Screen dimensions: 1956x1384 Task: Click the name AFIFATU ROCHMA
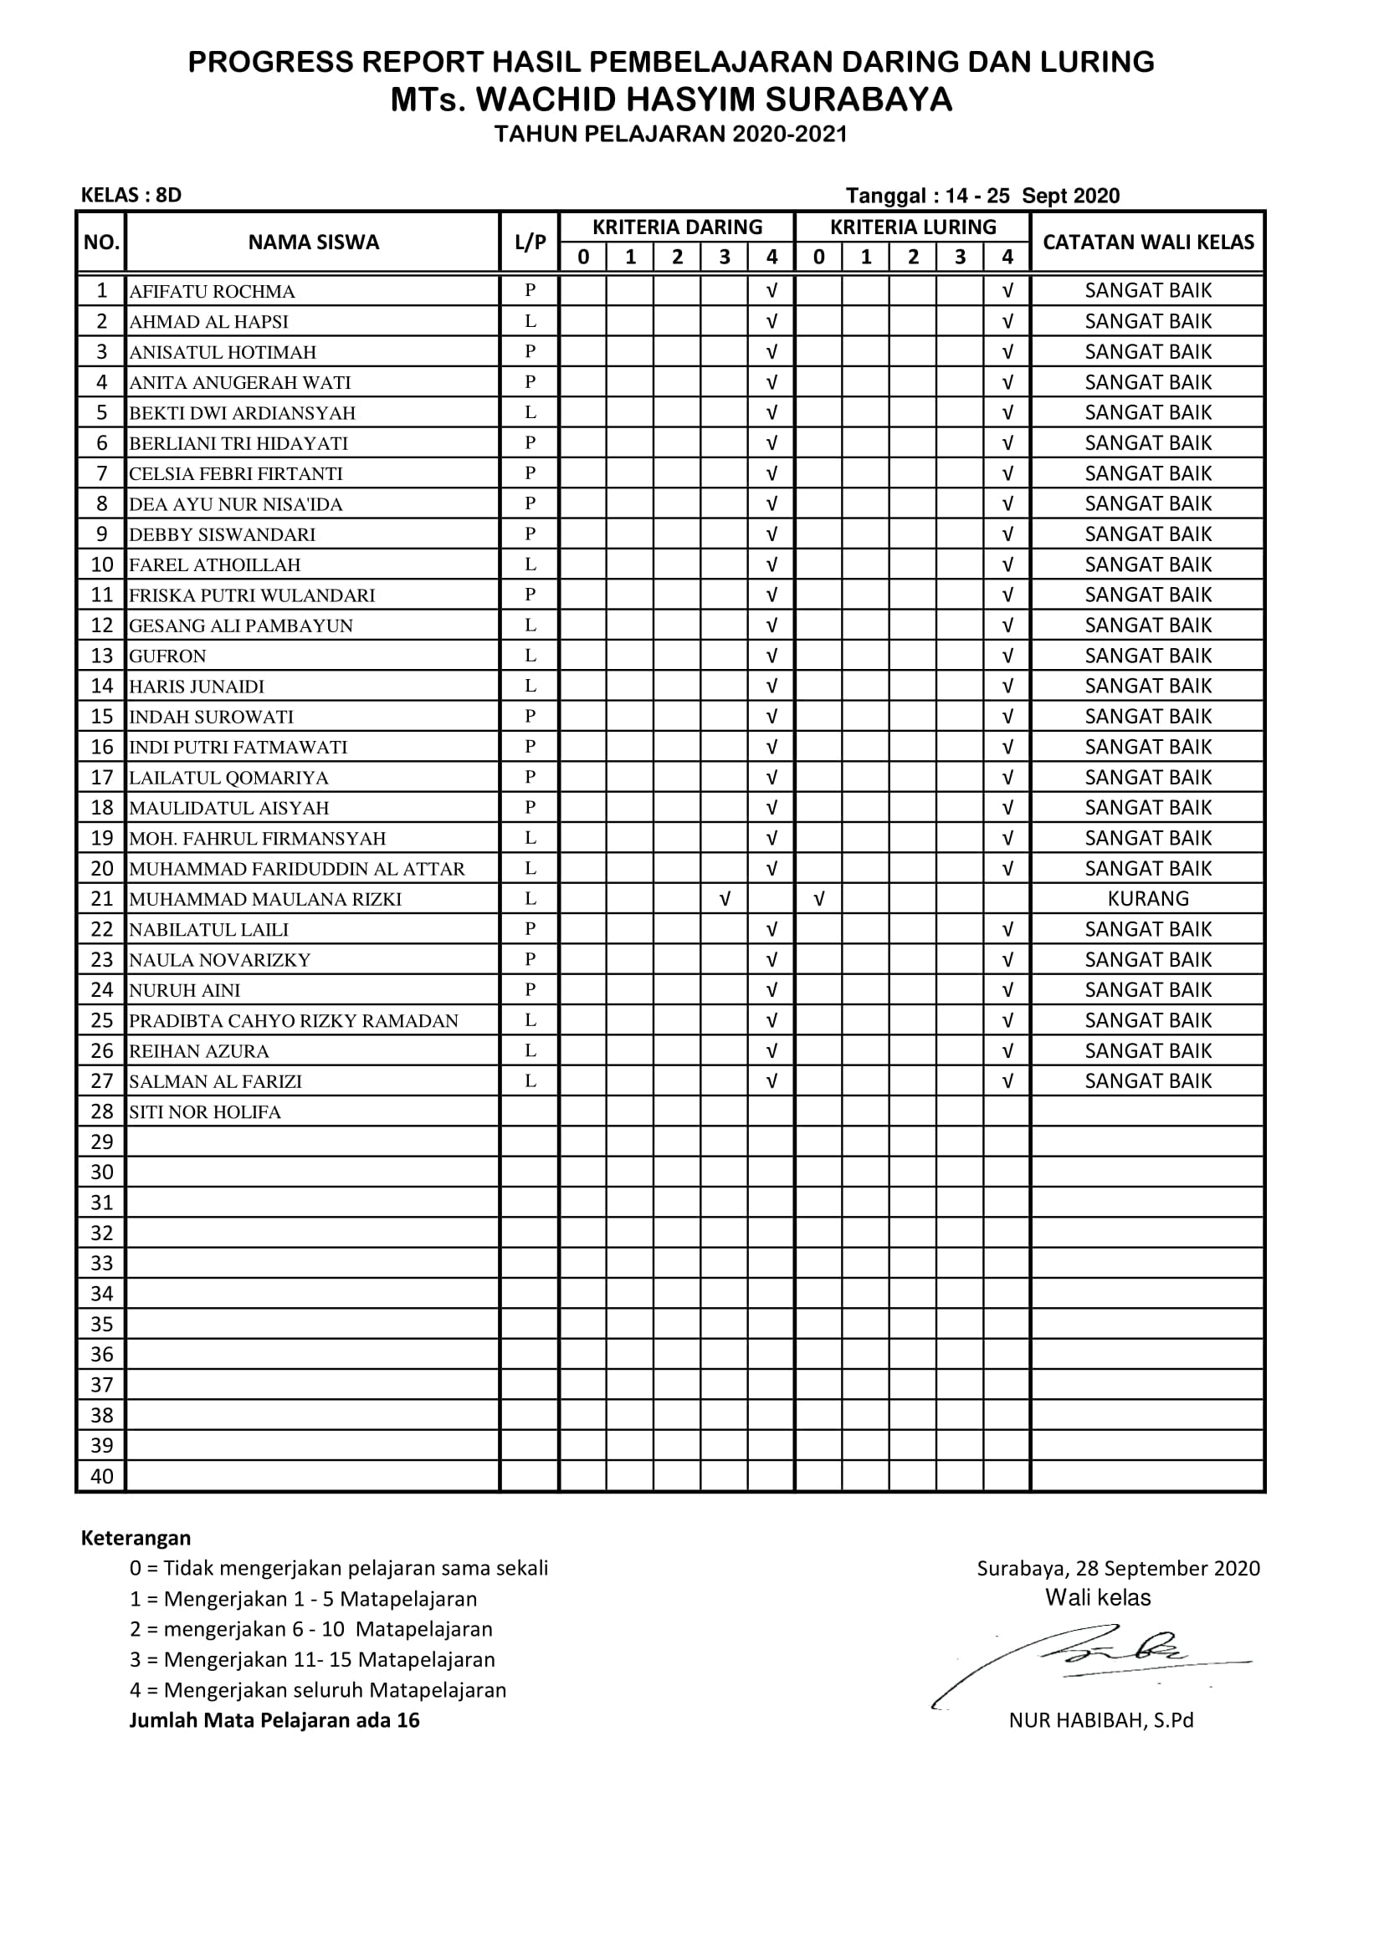click(x=213, y=291)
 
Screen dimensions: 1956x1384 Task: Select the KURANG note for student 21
click(x=1147, y=899)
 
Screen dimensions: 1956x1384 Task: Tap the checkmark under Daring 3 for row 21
click(x=725, y=899)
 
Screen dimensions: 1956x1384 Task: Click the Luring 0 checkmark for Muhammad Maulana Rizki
click(x=818, y=899)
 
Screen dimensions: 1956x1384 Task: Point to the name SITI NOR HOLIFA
click(x=204, y=1111)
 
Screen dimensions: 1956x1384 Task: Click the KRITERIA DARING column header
click(x=677, y=227)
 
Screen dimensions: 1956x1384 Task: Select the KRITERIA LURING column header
click(x=913, y=227)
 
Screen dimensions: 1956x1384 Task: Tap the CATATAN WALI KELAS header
click(x=1148, y=242)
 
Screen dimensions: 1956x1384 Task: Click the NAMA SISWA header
click(x=313, y=242)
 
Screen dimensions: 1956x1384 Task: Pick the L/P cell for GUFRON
click(x=530, y=655)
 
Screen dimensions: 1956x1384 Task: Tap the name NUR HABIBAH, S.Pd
click(x=1100, y=1720)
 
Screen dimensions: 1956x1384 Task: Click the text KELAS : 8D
click(x=131, y=195)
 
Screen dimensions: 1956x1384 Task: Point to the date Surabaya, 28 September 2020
click(x=1117, y=1568)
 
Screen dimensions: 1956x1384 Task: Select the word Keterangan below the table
click(x=136, y=1538)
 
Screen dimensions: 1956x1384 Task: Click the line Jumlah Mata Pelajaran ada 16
click(x=274, y=1720)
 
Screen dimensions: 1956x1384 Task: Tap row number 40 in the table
click(x=101, y=1476)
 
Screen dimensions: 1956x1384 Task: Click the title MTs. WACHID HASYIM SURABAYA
click(x=671, y=100)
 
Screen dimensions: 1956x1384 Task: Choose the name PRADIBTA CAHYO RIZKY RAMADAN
click(x=293, y=1020)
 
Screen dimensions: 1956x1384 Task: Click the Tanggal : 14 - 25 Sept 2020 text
click(x=982, y=196)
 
